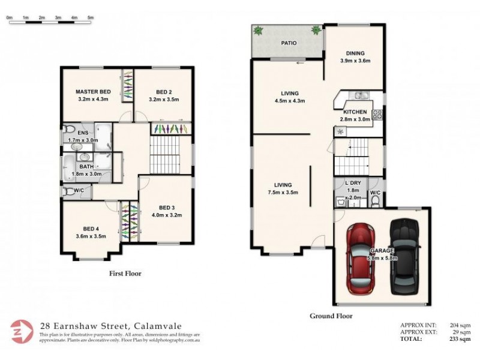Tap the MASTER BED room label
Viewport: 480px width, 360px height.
pyautogui.click(x=92, y=92)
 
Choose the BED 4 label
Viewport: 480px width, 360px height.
pyautogui.click(x=92, y=229)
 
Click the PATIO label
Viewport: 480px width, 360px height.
pyautogui.click(x=290, y=43)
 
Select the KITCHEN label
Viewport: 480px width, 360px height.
pyautogui.click(x=355, y=112)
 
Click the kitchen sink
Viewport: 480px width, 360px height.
pyautogui.click(x=360, y=95)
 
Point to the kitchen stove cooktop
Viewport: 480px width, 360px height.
pyautogui.click(x=377, y=115)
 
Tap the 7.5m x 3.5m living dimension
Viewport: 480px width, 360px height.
pyautogui.click(x=283, y=192)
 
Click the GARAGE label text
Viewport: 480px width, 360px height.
pyautogui.click(x=382, y=250)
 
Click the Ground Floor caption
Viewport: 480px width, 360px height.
pyautogui.click(x=331, y=316)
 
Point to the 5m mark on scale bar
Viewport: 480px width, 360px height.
pyautogui.click(x=91, y=17)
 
